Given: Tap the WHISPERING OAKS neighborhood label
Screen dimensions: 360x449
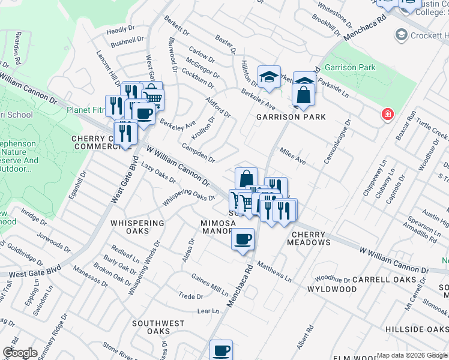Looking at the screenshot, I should [137, 227].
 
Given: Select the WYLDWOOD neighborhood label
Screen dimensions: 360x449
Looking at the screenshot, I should [328, 289].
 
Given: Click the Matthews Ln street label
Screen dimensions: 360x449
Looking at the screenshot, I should [274, 271].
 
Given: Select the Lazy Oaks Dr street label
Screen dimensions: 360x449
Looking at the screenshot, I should [158, 172].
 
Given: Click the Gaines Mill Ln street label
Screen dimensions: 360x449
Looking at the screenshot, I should [209, 284].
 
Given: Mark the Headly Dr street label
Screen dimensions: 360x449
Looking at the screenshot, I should [121, 29].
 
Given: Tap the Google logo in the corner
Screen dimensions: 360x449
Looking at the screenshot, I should [20, 352].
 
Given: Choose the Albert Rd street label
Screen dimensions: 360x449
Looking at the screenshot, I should [305, 338].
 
